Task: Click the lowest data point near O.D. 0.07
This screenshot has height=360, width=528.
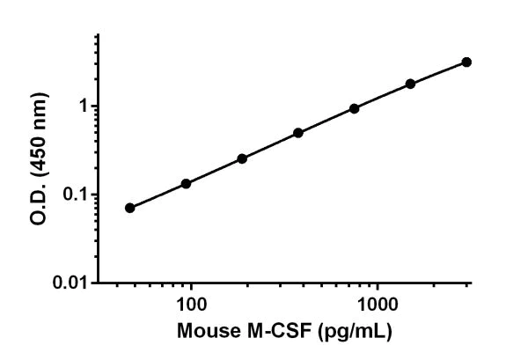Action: click(x=130, y=208)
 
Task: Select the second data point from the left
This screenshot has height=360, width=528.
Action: click(x=186, y=183)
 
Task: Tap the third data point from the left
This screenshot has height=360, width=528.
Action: click(x=242, y=158)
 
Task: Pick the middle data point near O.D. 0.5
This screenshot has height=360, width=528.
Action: click(x=298, y=133)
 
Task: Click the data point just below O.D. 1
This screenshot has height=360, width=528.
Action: click(x=354, y=108)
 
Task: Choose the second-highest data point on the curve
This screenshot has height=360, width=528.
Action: click(x=410, y=84)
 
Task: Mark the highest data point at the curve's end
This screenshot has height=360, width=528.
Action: click(x=466, y=62)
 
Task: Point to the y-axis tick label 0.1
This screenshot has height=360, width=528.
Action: click(x=78, y=195)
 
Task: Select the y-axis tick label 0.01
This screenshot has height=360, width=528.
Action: click(x=74, y=283)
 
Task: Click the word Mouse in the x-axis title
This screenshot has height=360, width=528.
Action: click(x=203, y=334)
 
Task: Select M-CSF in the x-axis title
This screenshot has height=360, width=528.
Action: click(x=268, y=334)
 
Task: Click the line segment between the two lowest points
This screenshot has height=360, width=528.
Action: click(x=158, y=195)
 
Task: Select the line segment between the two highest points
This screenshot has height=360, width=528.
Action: click(x=438, y=72)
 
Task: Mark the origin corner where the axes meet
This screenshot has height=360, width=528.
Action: click(x=99, y=283)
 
